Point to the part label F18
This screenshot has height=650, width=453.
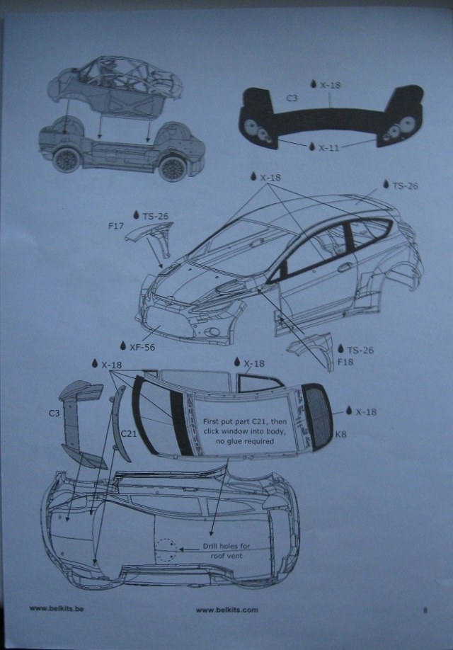click(x=345, y=362)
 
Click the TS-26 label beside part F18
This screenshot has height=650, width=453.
click(x=360, y=349)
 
